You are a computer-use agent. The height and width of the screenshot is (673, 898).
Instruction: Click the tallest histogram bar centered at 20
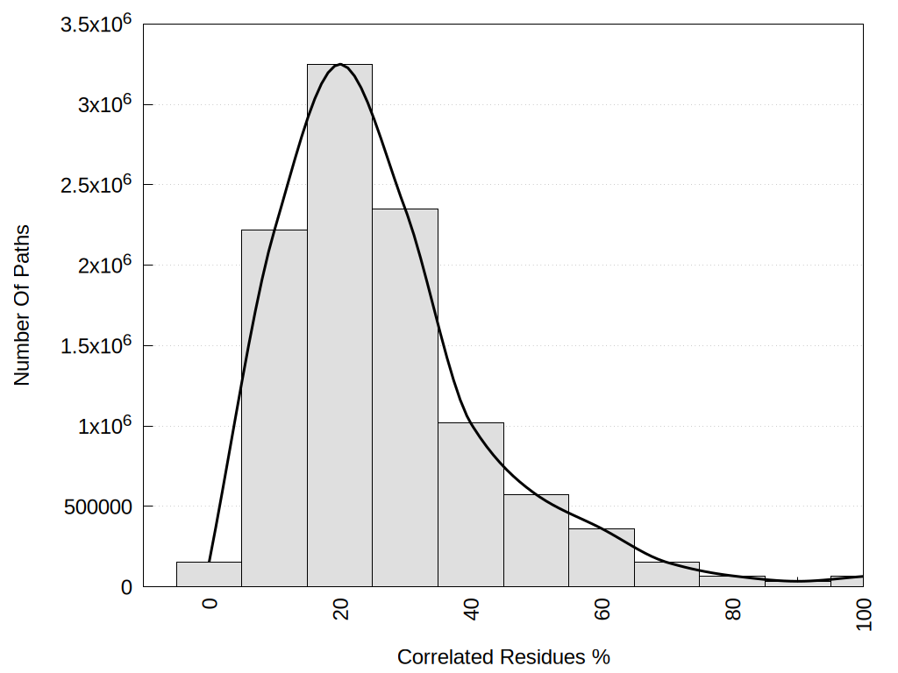tap(339, 325)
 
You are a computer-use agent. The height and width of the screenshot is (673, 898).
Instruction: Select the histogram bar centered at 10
tap(274, 407)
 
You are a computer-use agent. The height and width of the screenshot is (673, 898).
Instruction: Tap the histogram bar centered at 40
tap(470, 504)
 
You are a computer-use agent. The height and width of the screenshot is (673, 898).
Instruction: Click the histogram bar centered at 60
tap(601, 557)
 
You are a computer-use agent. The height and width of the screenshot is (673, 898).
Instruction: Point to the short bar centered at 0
tap(209, 574)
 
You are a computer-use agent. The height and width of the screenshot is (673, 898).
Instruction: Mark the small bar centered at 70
tap(666, 574)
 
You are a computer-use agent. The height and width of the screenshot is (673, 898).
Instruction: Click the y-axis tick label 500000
tap(96, 507)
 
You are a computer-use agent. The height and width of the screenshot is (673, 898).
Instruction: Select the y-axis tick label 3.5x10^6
tap(96, 24)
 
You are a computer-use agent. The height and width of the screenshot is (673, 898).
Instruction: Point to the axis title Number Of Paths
tap(22, 305)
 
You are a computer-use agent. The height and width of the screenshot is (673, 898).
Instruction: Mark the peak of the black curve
tap(339, 64)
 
